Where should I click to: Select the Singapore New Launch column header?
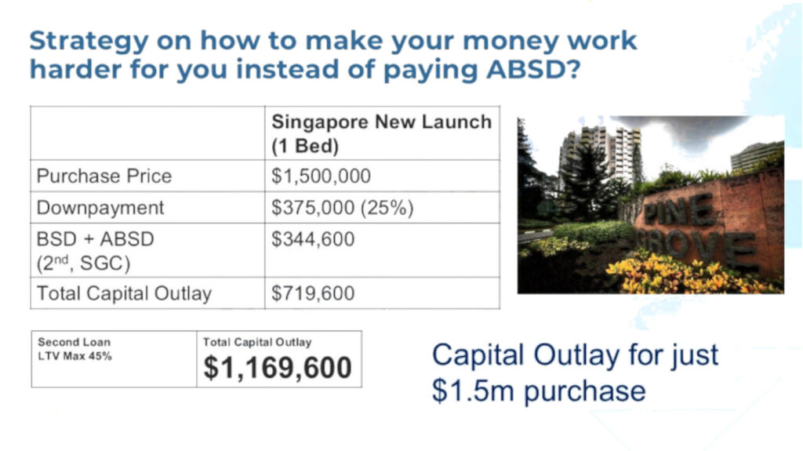point(381,133)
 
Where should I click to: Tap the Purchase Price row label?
point(104,176)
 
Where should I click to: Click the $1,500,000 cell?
point(321,176)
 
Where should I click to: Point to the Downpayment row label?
point(100,208)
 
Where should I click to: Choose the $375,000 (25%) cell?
point(342,208)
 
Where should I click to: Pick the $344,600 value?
point(313,238)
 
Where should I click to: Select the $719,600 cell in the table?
point(313,293)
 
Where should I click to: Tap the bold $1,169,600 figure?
point(278,367)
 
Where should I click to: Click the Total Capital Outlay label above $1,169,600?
point(257,342)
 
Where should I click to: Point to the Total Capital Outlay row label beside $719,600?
point(124,293)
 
